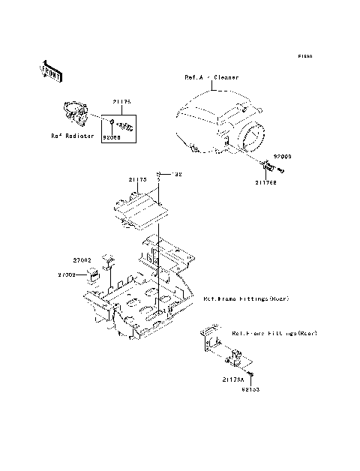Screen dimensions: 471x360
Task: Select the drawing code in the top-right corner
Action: tap(304, 56)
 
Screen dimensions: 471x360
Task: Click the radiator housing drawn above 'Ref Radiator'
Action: tap(76, 112)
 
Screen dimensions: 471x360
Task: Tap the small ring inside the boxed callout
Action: tap(112, 123)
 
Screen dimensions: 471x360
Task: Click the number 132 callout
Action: tap(178, 175)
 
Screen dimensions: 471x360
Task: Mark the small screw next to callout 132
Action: tap(160, 175)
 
